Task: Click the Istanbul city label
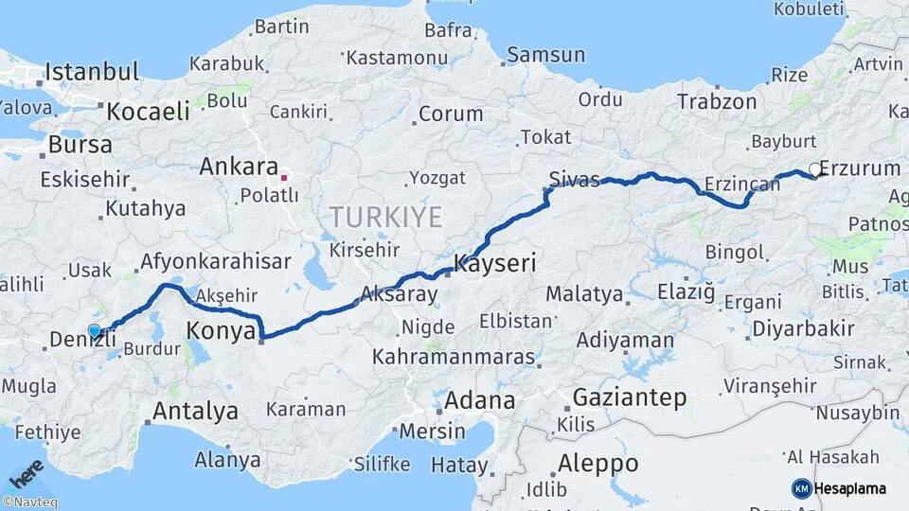pyautogui.click(x=92, y=72)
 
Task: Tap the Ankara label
pyautogui.click(x=238, y=167)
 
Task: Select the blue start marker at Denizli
pyautogui.click(x=94, y=330)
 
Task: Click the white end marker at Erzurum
pyautogui.click(x=814, y=170)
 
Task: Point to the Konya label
pyautogui.click(x=221, y=331)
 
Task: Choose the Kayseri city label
pyautogui.click(x=494, y=263)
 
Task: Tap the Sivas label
pyautogui.click(x=574, y=180)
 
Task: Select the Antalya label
pyautogui.click(x=195, y=412)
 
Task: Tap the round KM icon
pyautogui.click(x=801, y=488)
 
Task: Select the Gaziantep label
pyautogui.click(x=629, y=398)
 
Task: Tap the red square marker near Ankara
pyautogui.click(x=283, y=177)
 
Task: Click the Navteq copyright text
pyautogui.click(x=30, y=502)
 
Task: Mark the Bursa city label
pyautogui.click(x=80, y=146)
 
